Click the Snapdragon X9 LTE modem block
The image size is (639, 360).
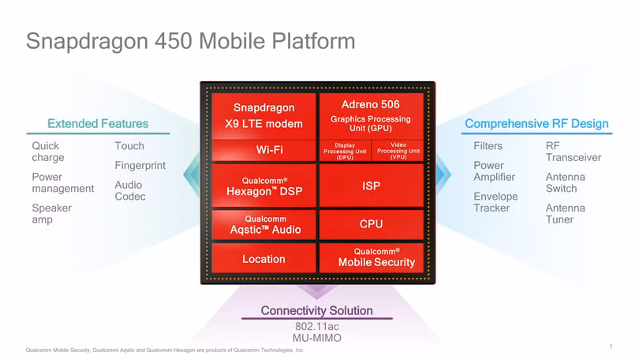pyautogui.click(x=263, y=115)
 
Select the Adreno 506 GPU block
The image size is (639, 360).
pyautogui.click(x=370, y=115)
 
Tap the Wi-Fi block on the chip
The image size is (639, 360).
pyautogui.click(x=263, y=150)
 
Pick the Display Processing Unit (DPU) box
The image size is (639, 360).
pyautogui.click(x=344, y=150)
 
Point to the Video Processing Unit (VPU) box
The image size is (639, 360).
pyautogui.click(x=398, y=150)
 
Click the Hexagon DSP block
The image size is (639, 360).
pyautogui.click(x=263, y=186)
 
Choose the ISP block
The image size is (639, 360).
pyautogui.click(x=371, y=186)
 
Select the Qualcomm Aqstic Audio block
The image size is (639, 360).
pyautogui.click(x=263, y=224)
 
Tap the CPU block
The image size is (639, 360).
pyautogui.click(x=371, y=224)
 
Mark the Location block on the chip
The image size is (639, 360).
pyautogui.click(x=263, y=259)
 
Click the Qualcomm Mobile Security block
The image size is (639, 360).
pyautogui.click(x=371, y=257)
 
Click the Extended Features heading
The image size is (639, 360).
pyautogui.click(x=98, y=123)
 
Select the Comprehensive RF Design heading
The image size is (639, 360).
pyautogui.click(x=536, y=123)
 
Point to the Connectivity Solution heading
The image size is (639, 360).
pyautogui.click(x=316, y=310)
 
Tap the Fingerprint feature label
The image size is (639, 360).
pyautogui.click(x=140, y=166)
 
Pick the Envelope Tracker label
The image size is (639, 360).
pyautogui.click(x=495, y=202)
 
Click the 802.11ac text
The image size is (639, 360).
pyautogui.click(x=316, y=326)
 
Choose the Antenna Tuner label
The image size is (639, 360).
pyautogui.click(x=566, y=213)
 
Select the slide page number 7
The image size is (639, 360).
pyautogui.click(x=611, y=346)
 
